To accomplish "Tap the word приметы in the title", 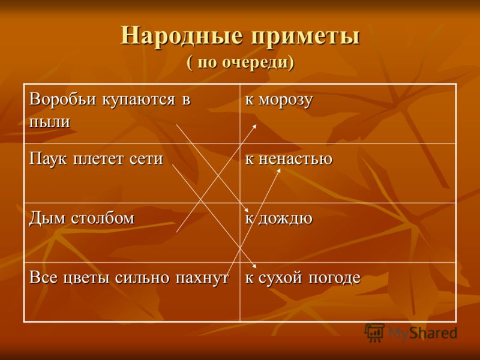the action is pyautogui.click(x=305, y=37).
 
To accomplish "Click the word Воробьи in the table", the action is pyautogui.click(x=64, y=100).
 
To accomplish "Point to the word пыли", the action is pyautogui.click(x=50, y=122).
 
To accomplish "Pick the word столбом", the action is pyautogui.click(x=103, y=218).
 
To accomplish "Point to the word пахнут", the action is pyautogui.click(x=202, y=278).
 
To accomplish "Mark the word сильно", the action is pyautogui.click(x=143, y=278).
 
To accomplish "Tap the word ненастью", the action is pyautogui.click(x=295, y=159).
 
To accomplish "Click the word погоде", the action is pyautogui.click(x=334, y=278).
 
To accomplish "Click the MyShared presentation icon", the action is pyautogui.click(x=374, y=332).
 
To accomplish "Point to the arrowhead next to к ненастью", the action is pyautogui.click(x=278, y=170).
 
